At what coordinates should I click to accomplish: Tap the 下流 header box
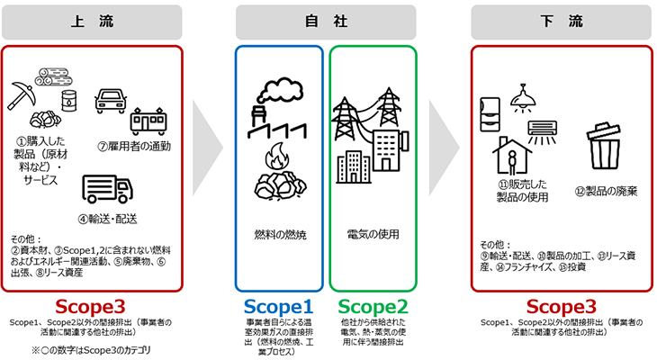pos(562,22)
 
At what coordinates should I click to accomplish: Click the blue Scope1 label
pos(278,307)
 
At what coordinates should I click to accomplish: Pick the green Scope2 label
pos(373,307)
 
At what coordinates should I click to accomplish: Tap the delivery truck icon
pos(106,190)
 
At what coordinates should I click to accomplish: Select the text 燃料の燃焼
pos(279,234)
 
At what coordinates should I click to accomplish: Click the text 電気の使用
pos(373,234)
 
